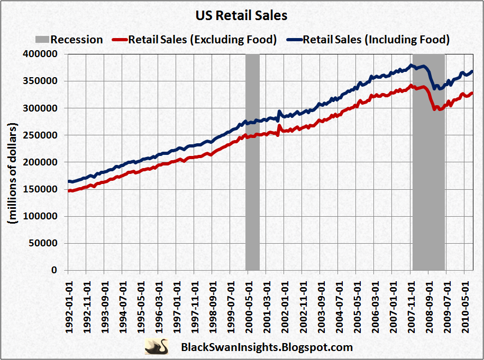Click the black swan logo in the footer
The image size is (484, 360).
pyautogui.click(x=157, y=347)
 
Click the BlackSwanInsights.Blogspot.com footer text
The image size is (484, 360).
pyautogui.click(x=267, y=347)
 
